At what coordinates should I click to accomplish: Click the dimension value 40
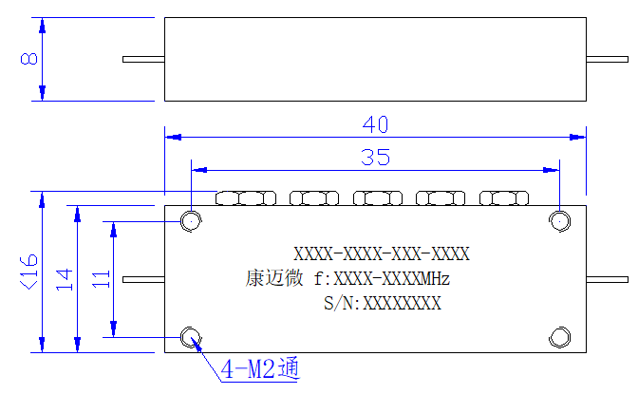coord(375,124)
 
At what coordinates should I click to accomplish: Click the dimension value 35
coord(375,157)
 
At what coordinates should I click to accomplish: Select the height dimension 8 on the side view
coord(28,59)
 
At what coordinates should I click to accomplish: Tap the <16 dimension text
coord(29,272)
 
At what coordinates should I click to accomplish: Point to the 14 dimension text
coord(65,279)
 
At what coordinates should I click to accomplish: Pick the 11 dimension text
coord(101,279)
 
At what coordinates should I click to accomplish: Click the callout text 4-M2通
coord(260,368)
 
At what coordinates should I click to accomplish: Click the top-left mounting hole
coord(191,221)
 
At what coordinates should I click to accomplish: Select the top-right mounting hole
coord(559,221)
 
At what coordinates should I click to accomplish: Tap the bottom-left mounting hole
coord(191,337)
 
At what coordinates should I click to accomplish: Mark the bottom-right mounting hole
coord(559,337)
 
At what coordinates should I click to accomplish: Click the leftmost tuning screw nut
coord(246,198)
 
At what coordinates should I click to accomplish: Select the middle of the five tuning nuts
coord(378,198)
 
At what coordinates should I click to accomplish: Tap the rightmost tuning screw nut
coord(504,198)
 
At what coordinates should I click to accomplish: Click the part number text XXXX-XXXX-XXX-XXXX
coord(382,254)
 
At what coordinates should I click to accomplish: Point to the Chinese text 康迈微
coord(274,279)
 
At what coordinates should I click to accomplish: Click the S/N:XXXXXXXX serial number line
coord(383,303)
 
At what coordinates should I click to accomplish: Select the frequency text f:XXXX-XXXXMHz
coord(382,279)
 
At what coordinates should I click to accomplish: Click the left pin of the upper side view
coord(143,60)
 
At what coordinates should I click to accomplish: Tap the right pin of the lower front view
coord(607,280)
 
